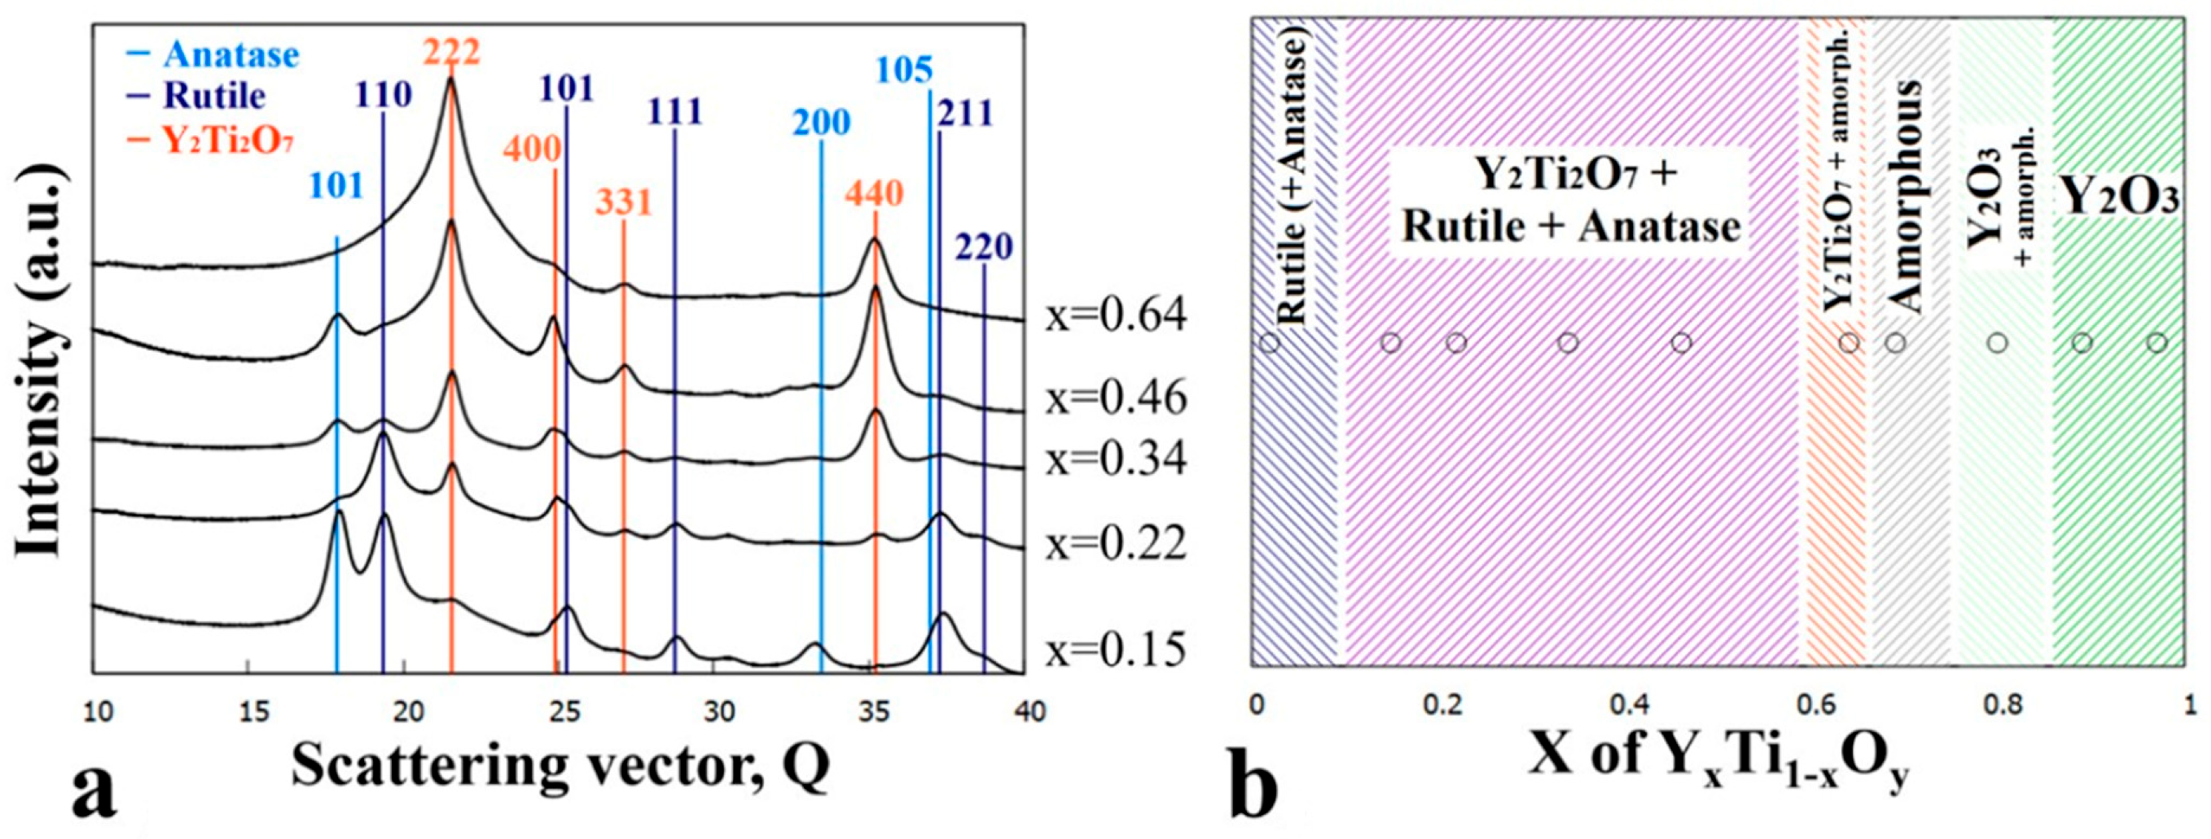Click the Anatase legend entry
pos(219,55)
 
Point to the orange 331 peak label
pos(624,203)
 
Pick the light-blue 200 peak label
pos(820,123)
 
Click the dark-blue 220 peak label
pos(984,247)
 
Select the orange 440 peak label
pos(874,193)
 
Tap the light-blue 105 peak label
pos(904,70)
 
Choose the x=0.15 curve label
pos(1116,650)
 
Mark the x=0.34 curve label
pos(1116,459)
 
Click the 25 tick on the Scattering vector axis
pos(564,712)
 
